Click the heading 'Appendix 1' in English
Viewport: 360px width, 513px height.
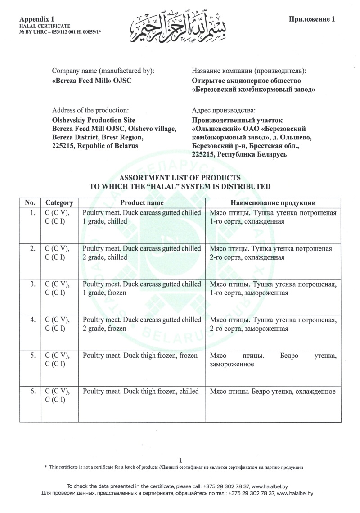(37, 19)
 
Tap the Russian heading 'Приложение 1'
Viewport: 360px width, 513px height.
(311, 19)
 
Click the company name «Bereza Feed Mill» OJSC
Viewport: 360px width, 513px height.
(92, 81)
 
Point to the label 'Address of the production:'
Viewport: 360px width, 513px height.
(90, 110)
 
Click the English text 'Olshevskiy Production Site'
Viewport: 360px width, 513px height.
(94, 121)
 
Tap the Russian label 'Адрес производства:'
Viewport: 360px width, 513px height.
(224, 110)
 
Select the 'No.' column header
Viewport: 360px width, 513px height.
(30, 203)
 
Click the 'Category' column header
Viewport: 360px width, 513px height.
(59, 203)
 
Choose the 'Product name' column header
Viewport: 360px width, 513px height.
(142, 203)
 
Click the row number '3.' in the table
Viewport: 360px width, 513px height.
(32, 284)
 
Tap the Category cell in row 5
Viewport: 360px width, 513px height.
(57, 360)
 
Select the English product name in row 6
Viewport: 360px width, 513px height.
(141, 391)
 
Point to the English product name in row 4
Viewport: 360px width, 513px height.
(142, 324)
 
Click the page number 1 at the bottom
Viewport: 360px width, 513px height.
(180, 460)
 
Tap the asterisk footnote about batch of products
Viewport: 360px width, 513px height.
(174, 468)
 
